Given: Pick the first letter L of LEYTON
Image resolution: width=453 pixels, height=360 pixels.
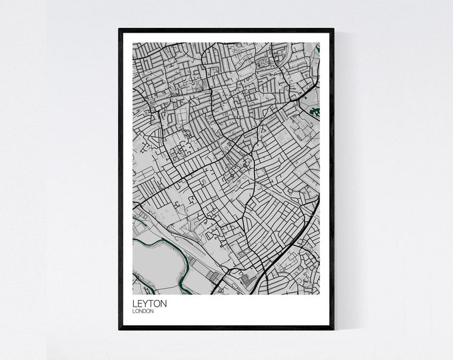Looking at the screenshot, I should coord(135,303).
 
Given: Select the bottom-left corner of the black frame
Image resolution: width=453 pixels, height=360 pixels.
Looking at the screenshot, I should coord(121,329).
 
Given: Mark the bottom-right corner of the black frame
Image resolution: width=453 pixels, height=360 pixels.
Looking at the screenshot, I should coord(331,329).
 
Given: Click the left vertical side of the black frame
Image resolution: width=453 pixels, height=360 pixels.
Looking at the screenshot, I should coord(121,180).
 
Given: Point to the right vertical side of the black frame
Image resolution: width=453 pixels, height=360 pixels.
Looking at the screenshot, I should coord(331,180).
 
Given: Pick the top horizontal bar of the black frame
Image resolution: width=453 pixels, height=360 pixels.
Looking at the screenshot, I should coord(226,31).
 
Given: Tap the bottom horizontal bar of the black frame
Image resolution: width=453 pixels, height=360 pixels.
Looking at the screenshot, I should coord(226,329).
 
